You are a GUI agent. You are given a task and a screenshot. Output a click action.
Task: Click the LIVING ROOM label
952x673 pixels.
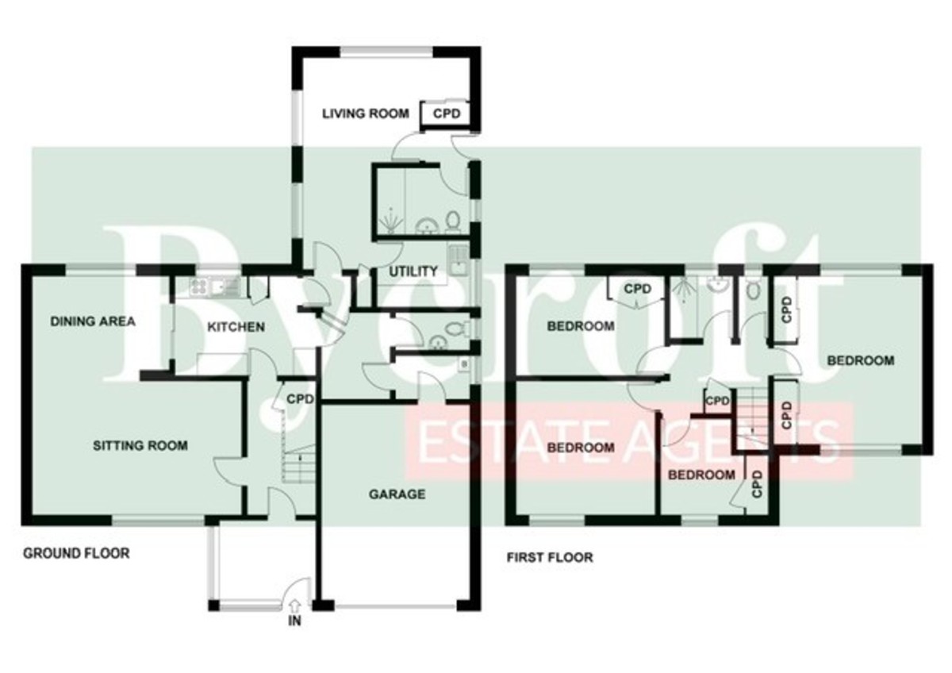365,114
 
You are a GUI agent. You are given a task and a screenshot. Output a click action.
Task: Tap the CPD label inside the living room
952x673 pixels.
446,114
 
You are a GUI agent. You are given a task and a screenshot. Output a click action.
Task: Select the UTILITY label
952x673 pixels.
413,271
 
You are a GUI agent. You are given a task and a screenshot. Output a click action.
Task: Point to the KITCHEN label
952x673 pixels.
236,327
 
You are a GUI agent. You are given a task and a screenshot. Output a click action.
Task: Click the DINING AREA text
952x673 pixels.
93,321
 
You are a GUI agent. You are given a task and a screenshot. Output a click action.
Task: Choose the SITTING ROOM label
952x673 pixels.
140,445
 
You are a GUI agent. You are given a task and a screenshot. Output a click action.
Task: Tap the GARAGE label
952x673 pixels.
397,494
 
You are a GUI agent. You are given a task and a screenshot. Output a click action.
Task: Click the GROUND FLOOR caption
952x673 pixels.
76,553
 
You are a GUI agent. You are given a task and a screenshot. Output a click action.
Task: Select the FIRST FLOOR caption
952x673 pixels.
549,557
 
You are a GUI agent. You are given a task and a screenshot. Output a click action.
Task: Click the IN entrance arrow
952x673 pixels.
294,605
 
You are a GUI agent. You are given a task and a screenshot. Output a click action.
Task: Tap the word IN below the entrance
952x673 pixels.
294,621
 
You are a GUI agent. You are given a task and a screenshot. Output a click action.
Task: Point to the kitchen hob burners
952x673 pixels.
198,287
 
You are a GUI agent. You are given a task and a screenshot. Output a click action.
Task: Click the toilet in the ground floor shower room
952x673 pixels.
453,223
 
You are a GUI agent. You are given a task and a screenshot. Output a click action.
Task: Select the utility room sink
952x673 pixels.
459,260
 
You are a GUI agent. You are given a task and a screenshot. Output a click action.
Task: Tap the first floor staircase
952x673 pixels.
752,419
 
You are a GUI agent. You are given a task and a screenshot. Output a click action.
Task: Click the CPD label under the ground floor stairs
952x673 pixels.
300,398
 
